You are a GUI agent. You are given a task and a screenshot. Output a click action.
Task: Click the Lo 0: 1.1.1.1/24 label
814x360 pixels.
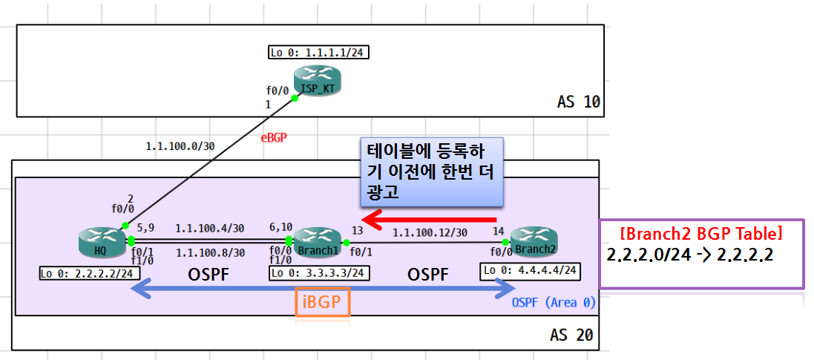pos(319,53)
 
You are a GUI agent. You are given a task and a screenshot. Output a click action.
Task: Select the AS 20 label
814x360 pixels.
pos(571,335)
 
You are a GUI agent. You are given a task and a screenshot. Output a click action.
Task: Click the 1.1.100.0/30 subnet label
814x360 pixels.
pos(180,146)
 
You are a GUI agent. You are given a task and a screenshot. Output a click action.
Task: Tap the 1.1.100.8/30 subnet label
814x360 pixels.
pos(210,252)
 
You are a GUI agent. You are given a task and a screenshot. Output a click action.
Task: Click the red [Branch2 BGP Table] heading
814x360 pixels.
pos(700,234)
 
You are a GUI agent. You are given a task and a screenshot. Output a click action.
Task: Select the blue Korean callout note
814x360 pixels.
pos(431,171)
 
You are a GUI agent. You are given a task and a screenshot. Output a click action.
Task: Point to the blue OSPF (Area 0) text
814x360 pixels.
pos(554,303)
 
